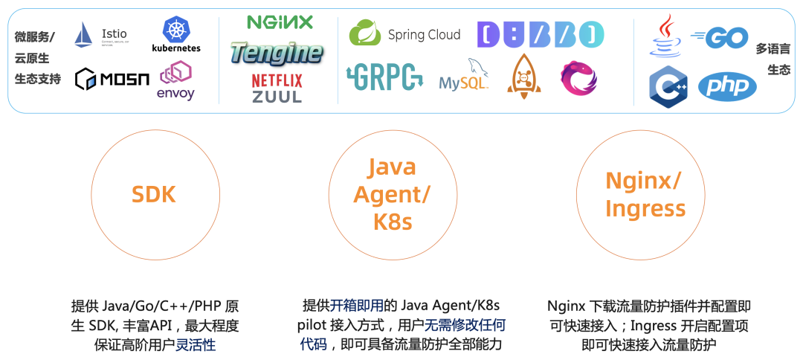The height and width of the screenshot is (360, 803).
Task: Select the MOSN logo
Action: pyautogui.click(x=112, y=78)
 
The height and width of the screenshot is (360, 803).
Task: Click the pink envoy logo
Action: pyautogui.click(x=175, y=80)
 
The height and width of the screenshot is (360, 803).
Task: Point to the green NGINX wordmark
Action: pyautogui.click(x=280, y=22)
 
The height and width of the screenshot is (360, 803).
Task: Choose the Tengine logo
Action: pyautogui.click(x=276, y=53)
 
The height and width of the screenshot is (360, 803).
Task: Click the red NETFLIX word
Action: pyautogui.click(x=277, y=80)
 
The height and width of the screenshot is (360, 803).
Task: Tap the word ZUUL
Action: pyautogui.click(x=277, y=96)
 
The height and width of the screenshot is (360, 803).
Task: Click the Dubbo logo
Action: pyautogui.click(x=541, y=35)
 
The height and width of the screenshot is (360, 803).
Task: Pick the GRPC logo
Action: pyautogui.click(x=384, y=77)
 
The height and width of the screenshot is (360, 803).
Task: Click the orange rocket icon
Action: pyautogui.click(x=523, y=76)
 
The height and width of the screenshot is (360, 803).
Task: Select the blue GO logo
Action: pyautogui.click(x=720, y=36)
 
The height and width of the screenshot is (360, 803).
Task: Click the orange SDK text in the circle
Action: pyautogui.click(x=154, y=194)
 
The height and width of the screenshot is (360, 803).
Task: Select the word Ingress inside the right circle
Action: pyautogui.click(x=645, y=208)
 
